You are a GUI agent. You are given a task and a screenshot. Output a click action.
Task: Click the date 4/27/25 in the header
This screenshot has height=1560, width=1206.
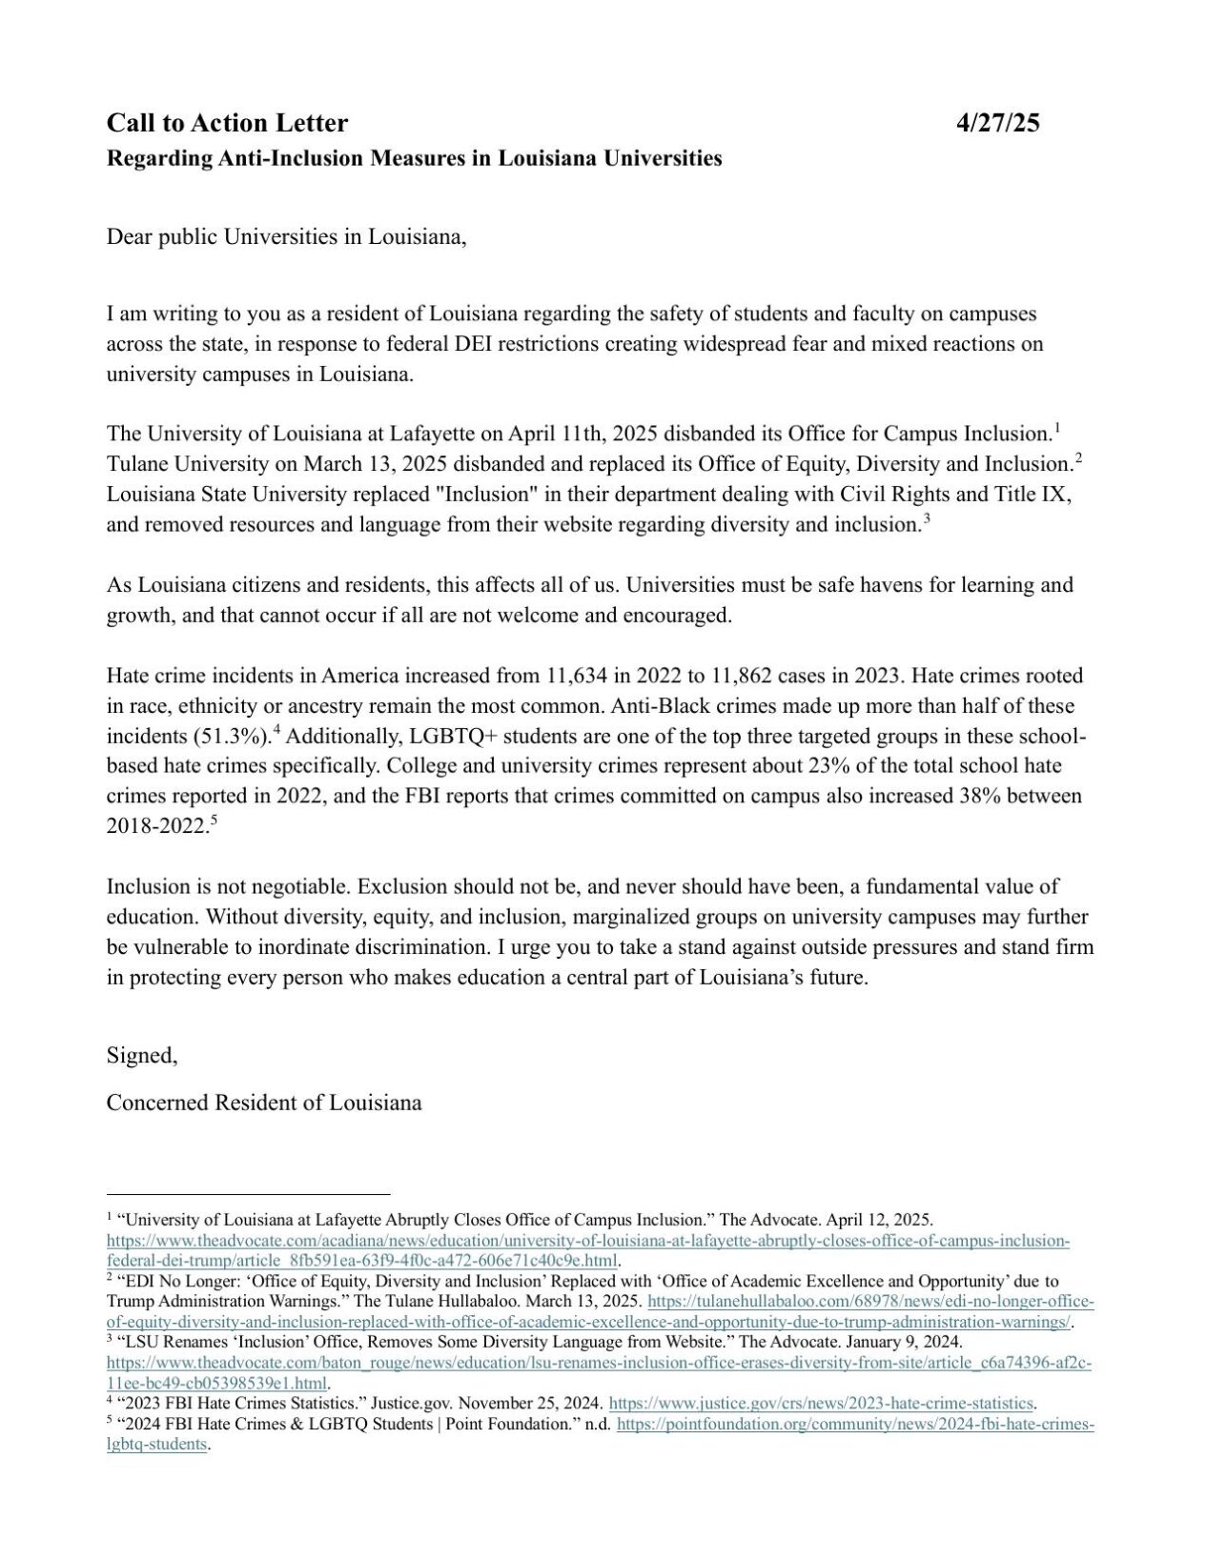pos(997,123)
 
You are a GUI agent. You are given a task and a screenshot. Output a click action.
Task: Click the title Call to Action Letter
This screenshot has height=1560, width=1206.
pos(227,123)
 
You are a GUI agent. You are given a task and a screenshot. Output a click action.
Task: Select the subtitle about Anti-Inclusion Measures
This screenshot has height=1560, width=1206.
pos(414,158)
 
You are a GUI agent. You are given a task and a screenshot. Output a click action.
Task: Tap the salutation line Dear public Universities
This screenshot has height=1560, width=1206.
pos(286,236)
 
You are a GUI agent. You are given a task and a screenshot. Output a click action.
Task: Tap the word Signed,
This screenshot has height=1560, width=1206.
pos(142,1056)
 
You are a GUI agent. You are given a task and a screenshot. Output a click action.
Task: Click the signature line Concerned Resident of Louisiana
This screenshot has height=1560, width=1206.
pos(264,1103)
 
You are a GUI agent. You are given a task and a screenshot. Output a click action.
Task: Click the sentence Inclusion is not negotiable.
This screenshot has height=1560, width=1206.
pos(229,887)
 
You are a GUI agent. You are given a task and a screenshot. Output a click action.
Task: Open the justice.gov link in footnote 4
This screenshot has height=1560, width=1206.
pos(821,1403)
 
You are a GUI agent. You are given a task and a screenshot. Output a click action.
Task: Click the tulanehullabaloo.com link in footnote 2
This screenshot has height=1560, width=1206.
pos(870,1302)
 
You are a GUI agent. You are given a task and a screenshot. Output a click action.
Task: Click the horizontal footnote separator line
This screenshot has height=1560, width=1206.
pos(248,1193)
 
